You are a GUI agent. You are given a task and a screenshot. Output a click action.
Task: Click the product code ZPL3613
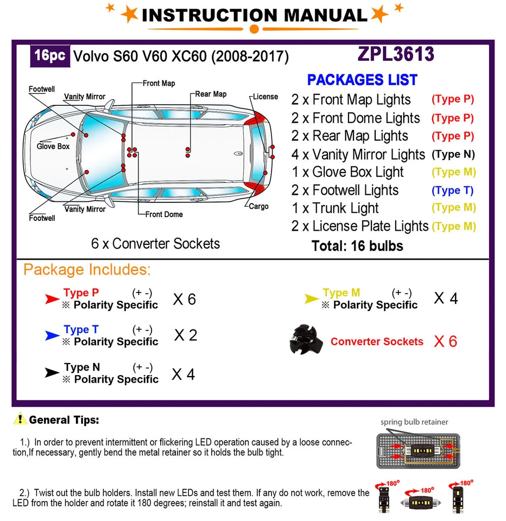(x=395, y=54)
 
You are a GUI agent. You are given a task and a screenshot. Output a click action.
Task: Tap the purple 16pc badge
(x=49, y=56)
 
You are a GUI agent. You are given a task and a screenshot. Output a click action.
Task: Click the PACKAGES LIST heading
(x=362, y=80)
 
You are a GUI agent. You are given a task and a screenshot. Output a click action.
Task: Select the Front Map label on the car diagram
(x=159, y=84)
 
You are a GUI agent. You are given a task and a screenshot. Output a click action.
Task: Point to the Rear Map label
(x=211, y=94)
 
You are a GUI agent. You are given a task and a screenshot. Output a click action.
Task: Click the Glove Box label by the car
(x=53, y=147)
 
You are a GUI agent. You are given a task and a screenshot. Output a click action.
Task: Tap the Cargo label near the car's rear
(x=258, y=207)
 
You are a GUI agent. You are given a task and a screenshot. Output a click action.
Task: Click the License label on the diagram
(x=265, y=97)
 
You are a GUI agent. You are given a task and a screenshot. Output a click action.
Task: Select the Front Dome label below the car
(x=164, y=214)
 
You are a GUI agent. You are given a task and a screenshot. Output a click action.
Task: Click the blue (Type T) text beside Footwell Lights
(x=453, y=190)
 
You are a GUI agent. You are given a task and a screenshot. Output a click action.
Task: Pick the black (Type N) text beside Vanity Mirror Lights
(x=453, y=154)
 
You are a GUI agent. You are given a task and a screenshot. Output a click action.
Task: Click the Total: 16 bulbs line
(x=357, y=246)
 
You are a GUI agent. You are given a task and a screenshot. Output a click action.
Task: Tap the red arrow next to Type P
(x=52, y=298)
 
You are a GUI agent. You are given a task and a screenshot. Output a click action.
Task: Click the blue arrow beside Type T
(x=52, y=336)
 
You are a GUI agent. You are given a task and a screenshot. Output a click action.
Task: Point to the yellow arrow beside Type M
(x=311, y=298)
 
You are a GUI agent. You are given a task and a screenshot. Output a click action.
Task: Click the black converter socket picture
(x=307, y=339)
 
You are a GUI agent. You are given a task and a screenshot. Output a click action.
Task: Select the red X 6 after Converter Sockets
(x=445, y=341)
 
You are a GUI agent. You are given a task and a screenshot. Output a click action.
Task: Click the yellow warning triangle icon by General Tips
(x=20, y=419)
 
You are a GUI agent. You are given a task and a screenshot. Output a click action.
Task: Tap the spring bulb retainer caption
(x=414, y=422)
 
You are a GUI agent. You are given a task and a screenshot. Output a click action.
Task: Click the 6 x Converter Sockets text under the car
(x=155, y=244)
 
